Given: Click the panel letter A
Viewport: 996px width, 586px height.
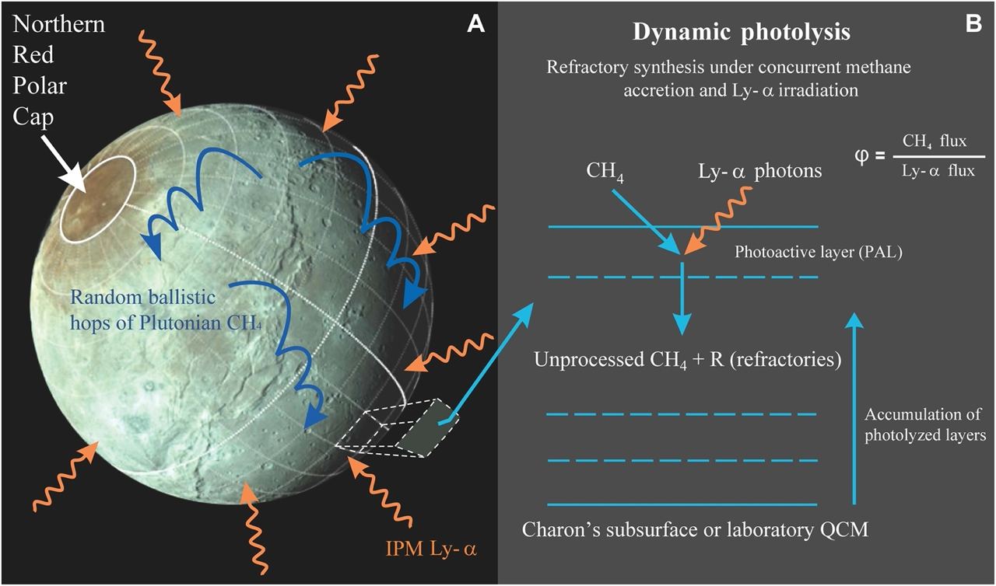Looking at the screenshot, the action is [x=475, y=24].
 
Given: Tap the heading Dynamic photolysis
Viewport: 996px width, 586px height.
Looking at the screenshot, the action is [x=742, y=32].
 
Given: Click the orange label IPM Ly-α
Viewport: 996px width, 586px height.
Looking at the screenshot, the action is [x=431, y=549].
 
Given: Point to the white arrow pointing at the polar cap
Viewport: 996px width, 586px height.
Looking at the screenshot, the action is [x=65, y=164].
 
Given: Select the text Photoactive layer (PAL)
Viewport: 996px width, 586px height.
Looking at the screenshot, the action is [x=818, y=252].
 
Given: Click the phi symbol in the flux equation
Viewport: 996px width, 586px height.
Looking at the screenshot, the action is [x=861, y=157].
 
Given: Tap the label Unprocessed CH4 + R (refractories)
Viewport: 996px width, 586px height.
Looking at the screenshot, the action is [x=687, y=360].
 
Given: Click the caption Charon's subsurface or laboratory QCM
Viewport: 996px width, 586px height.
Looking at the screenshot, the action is [x=695, y=529].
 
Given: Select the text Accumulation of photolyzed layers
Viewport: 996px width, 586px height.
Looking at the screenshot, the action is [x=925, y=424].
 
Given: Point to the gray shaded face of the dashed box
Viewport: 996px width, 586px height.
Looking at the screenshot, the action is [x=427, y=427].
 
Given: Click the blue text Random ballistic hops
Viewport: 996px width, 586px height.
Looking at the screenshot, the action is [x=142, y=298].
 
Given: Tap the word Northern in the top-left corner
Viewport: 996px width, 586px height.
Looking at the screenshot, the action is [x=58, y=24].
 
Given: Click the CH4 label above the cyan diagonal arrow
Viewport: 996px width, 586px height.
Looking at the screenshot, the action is [x=605, y=172].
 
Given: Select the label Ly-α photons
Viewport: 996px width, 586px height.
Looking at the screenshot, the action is [x=760, y=171].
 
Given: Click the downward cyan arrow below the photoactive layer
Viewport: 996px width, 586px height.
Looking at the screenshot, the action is [x=682, y=298].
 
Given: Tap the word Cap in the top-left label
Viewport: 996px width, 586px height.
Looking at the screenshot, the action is [x=33, y=117].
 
